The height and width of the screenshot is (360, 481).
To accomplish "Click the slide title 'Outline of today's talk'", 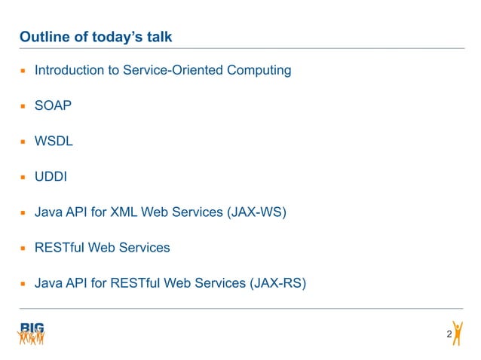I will pyautogui.click(x=100, y=37).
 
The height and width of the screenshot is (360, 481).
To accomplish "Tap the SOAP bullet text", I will pyautogui.click(x=53, y=106).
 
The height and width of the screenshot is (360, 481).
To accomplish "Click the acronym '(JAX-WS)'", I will pyautogui.click(x=256, y=212).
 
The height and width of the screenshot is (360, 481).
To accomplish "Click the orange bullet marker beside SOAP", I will pyautogui.click(x=23, y=107).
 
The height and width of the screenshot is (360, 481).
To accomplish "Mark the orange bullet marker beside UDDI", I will pyautogui.click(x=23, y=178).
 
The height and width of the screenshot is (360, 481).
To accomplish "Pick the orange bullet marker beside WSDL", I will pyautogui.click(x=23, y=142).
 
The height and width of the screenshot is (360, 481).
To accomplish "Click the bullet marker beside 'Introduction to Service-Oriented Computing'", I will pyautogui.click(x=23, y=72).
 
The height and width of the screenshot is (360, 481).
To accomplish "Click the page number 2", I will pyautogui.click(x=449, y=334).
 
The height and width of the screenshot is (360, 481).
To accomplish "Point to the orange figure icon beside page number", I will pyautogui.click(x=458, y=332).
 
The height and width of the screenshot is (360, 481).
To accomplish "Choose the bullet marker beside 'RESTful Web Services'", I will pyautogui.click(x=23, y=249).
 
